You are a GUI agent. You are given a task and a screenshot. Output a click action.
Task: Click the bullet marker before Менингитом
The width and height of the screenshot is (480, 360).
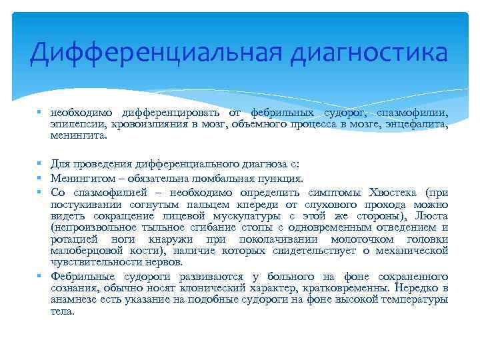pos(41,178)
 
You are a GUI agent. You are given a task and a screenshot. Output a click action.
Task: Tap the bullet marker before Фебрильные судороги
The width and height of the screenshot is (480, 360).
pos(41,276)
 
